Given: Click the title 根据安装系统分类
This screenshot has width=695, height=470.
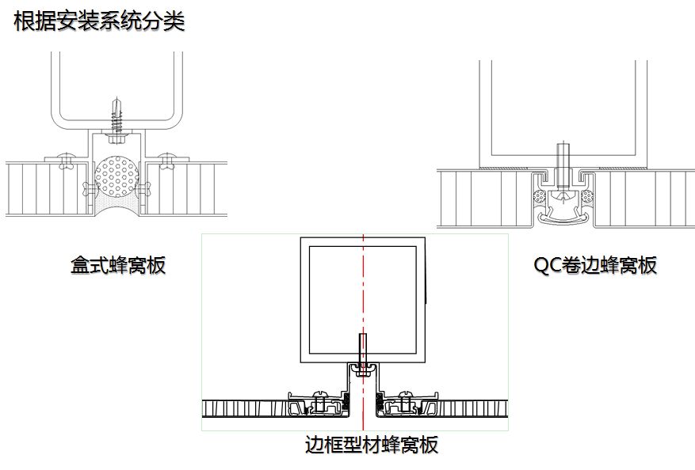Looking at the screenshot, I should [x=99, y=21].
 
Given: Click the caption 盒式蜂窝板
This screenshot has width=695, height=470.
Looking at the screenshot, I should [x=118, y=265].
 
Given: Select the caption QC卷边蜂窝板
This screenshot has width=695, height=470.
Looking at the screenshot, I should [x=595, y=265].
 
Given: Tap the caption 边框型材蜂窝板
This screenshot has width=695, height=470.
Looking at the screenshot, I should [x=371, y=445].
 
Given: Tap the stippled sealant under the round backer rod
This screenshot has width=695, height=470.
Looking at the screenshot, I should [x=117, y=207].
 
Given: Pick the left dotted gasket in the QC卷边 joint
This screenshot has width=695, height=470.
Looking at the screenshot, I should [x=540, y=196].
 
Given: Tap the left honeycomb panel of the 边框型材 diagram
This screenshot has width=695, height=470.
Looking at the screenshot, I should [x=246, y=409].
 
